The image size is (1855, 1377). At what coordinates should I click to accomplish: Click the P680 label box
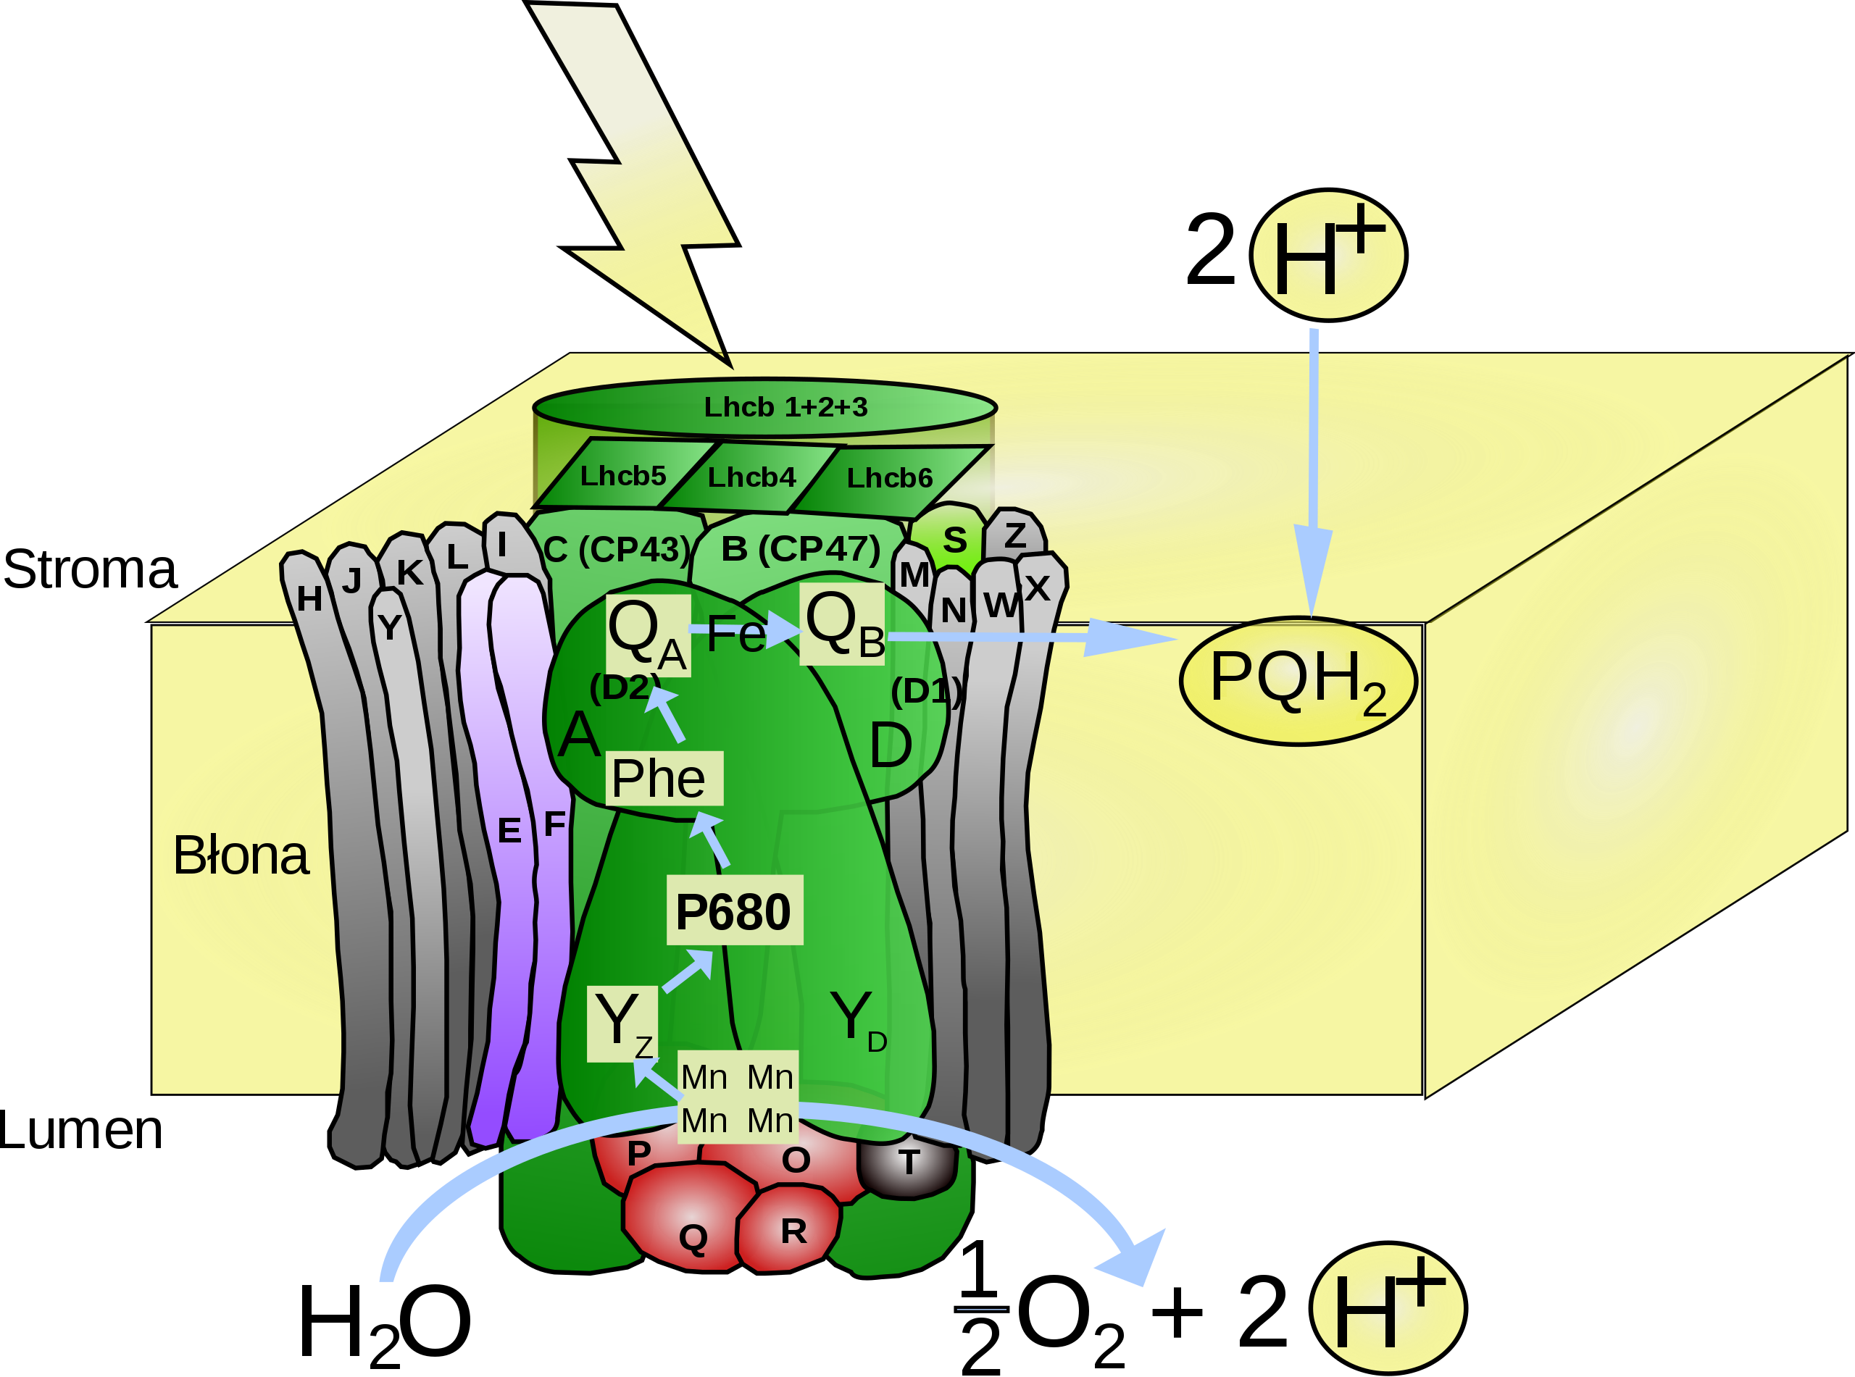(733, 911)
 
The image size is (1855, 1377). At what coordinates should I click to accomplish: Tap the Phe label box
(664, 779)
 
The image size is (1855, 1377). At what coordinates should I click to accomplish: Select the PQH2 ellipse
(1297, 680)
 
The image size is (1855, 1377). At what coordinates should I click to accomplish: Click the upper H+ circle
(1328, 256)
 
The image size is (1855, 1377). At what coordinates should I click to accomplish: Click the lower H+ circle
(1388, 1307)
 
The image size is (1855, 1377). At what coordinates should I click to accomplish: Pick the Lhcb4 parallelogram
(751, 477)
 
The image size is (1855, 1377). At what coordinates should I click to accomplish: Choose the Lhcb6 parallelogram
(888, 479)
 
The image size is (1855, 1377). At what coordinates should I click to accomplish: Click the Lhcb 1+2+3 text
(785, 407)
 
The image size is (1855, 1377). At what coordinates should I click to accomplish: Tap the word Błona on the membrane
(240, 855)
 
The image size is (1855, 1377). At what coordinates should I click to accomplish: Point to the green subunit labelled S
(954, 540)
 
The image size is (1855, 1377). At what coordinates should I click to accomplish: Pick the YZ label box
(622, 1024)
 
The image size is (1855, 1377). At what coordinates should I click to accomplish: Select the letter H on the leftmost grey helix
(309, 598)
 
